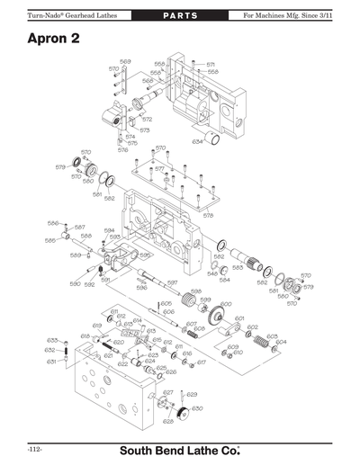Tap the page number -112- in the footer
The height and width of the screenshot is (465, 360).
tap(36, 447)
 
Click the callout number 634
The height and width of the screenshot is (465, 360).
tap(197, 141)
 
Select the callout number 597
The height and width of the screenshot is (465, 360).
tap(172, 282)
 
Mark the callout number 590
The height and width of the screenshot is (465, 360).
tap(76, 283)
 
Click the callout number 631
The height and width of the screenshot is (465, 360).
tap(51, 362)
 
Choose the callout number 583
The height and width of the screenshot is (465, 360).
tap(238, 267)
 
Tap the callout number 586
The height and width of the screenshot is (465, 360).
tap(53, 223)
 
